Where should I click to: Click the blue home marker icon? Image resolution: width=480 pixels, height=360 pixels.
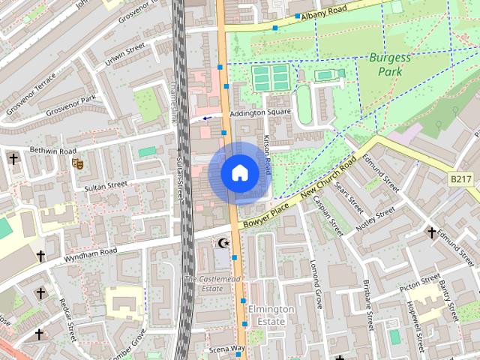(239, 173)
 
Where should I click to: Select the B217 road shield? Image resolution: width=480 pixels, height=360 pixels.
(463, 180)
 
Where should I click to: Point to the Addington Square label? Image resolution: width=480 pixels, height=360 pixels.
(260, 112)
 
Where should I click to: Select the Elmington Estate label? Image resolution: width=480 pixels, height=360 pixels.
(267, 315)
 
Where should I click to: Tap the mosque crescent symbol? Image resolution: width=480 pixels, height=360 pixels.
(223, 243)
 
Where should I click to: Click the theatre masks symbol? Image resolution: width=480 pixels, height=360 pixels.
(76, 162)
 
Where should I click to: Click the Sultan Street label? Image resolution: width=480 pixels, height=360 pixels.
(106, 185)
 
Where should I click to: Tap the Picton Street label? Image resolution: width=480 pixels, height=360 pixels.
(420, 283)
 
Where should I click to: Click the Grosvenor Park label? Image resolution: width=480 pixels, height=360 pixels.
(70, 105)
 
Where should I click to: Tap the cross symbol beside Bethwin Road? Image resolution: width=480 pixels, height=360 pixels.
(13, 158)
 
